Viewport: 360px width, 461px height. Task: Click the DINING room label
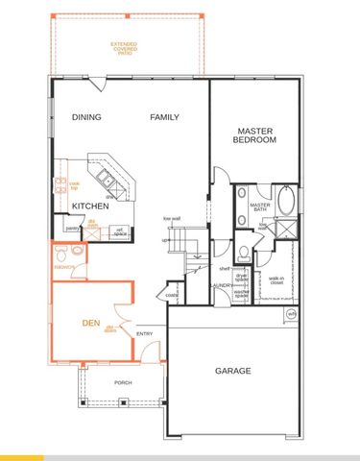(87, 117)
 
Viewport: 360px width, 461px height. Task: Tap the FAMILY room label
(164, 117)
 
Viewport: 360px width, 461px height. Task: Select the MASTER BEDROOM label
(254, 135)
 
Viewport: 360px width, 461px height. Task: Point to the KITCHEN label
(89, 206)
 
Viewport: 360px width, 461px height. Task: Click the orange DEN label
(90, 323)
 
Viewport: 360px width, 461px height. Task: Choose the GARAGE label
(232, 371)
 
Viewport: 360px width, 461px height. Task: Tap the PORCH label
(123, 382)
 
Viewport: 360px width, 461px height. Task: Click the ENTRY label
(145, 333)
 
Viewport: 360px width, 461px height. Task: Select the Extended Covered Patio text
(123, 47)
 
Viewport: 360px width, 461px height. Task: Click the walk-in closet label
(276, 281)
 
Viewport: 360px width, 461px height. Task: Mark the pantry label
(72, 229)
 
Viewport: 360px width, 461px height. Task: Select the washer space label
(242, 294)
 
